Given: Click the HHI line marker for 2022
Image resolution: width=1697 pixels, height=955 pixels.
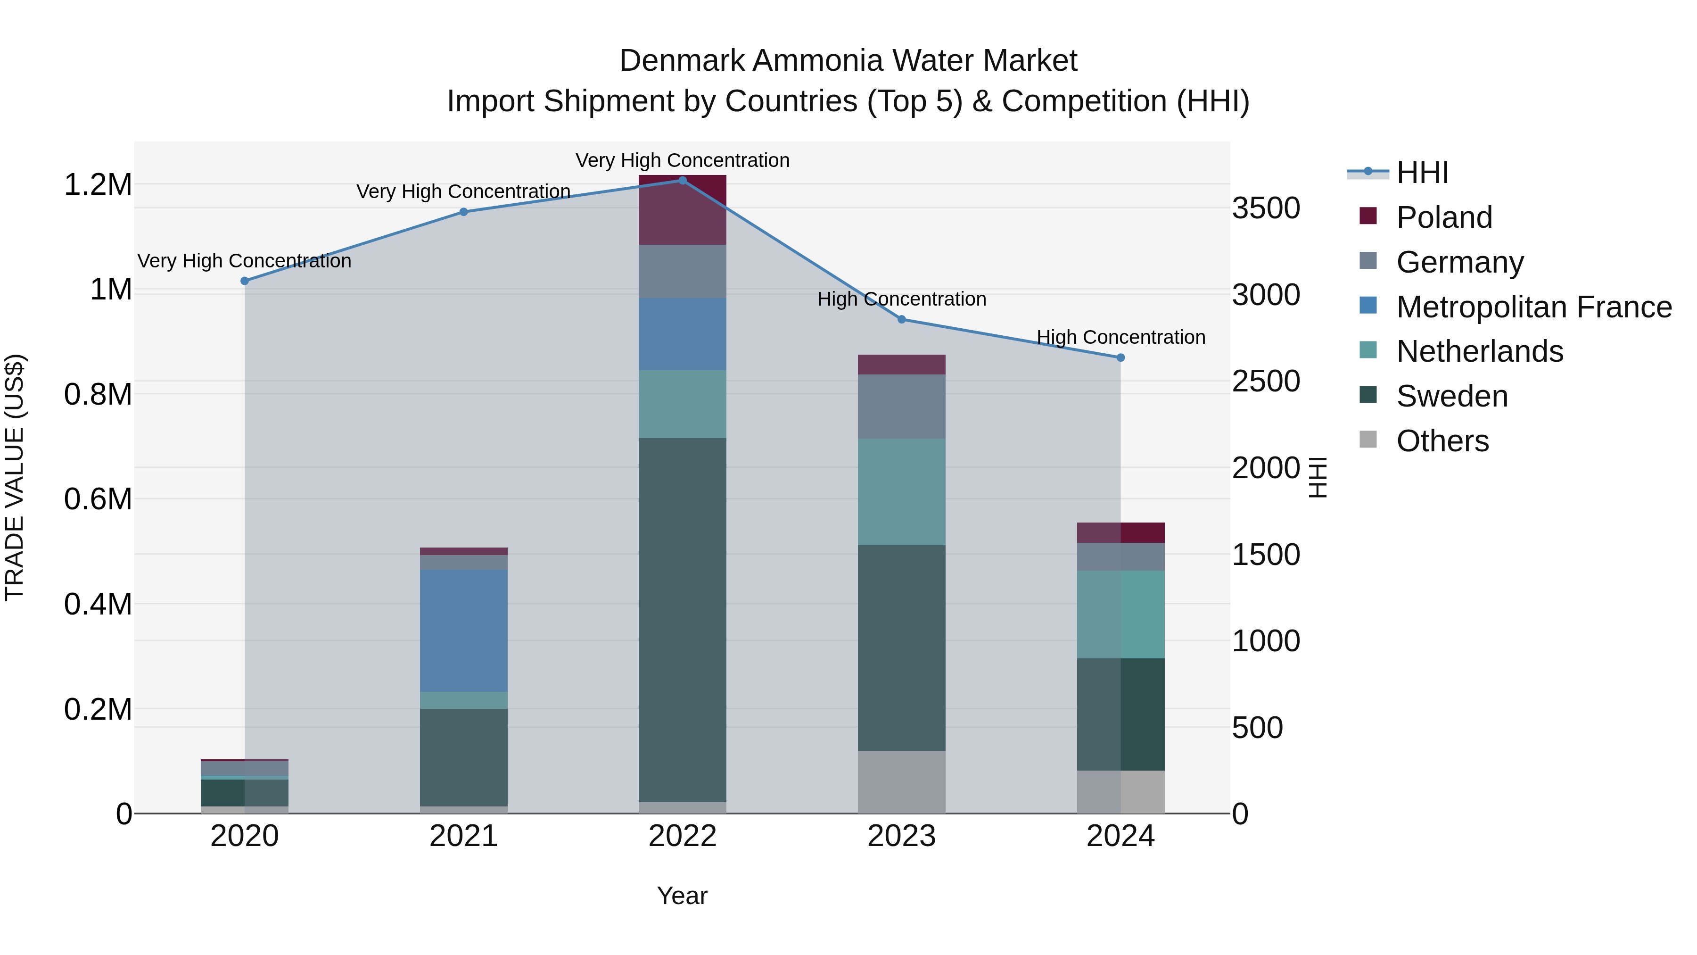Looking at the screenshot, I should (683, 181).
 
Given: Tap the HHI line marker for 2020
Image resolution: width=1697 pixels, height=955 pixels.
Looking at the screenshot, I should (244, 281).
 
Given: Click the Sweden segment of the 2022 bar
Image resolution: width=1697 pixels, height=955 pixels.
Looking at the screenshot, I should (683, 620).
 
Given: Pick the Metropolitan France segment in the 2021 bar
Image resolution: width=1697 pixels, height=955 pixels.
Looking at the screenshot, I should (464, 631).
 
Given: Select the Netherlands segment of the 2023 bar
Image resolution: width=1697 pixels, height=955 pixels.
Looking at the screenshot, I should (902, 492).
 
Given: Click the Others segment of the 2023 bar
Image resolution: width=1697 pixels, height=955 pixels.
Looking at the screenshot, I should (902, 781).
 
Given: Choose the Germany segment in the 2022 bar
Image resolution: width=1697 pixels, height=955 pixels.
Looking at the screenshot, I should (683, 272).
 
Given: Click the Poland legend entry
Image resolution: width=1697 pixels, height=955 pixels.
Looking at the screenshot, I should (1444, 217).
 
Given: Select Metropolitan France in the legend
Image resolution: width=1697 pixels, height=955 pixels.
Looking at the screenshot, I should (1533, 307).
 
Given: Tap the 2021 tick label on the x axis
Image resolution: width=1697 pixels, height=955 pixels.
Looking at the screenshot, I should (464, 836).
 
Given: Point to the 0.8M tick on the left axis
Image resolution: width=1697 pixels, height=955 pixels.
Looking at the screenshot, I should (98, 394).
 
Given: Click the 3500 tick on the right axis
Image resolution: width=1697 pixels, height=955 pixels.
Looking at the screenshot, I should (1266, 208).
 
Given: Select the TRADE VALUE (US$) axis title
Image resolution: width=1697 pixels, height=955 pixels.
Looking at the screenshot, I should (15, 477).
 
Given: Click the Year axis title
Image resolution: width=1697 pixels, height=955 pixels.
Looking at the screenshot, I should (682, 896).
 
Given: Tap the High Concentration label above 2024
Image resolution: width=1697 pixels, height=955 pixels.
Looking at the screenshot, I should (1120, 338).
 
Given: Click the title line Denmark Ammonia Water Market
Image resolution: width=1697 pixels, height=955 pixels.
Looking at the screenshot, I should (848, 61).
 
